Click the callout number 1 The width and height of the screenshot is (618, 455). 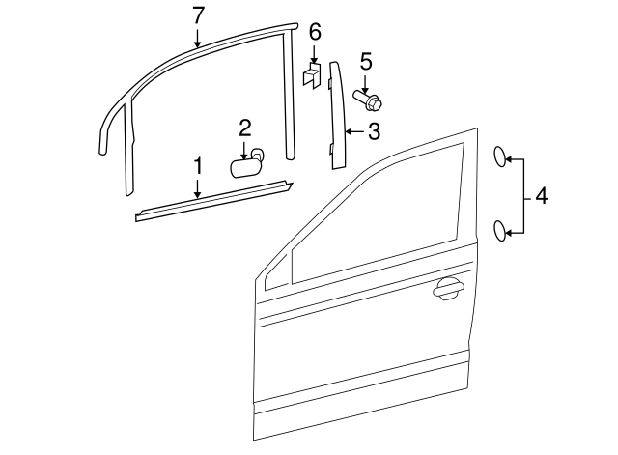tap(198, 166)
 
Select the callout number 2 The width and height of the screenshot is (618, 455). tap(245, 127)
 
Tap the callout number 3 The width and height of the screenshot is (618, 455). tap(374, 130)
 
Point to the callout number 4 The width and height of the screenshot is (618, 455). tap(541, 196)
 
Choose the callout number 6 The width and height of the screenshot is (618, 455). tap(314, 32)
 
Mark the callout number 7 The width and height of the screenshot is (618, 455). tap(198, 14)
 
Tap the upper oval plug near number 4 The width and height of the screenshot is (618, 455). tap(500, 157)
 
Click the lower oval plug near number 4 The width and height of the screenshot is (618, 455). tap(500, 230)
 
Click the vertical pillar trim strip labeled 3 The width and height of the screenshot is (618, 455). tap(337, 114)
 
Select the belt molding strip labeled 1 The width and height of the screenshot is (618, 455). tap(212, 200)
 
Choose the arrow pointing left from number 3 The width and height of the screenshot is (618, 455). tap(353, 130)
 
